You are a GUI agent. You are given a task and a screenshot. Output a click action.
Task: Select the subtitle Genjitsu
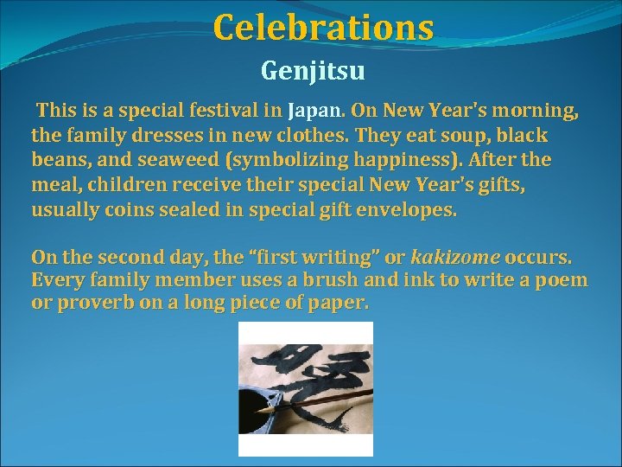pyautogui.click(x=312, y=69)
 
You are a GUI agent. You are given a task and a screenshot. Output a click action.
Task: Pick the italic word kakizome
pyautogui.click(x=454, y=257)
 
